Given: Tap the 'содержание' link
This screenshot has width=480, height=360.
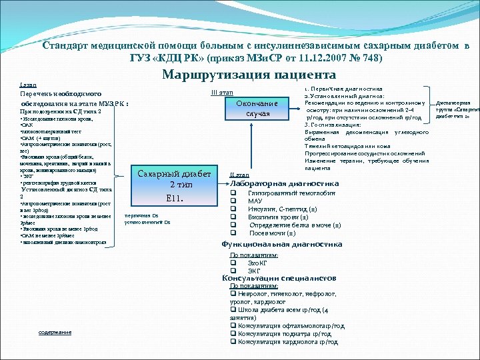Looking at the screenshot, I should [x=55, y=332].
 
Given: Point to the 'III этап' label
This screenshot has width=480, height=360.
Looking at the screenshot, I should [x=222, y=91].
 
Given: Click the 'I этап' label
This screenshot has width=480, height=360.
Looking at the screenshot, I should [x=29, y=85].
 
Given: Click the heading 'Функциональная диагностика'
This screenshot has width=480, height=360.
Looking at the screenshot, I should [x=281, y=244].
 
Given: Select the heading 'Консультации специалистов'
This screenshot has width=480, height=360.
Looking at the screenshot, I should [x=279, y=278].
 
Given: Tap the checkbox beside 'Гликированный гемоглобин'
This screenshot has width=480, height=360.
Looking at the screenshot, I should [x=233, y=192].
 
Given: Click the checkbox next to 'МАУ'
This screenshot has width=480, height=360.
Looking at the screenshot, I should [x=233, y=200].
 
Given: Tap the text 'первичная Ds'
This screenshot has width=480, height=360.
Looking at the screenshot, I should [x=141, y=215].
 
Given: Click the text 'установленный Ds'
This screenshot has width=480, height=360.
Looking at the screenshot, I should [x=147, y=222].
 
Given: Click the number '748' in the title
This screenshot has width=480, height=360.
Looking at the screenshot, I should [x=371, y=59].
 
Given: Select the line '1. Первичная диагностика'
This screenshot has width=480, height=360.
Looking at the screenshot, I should [x=344, y=88].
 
